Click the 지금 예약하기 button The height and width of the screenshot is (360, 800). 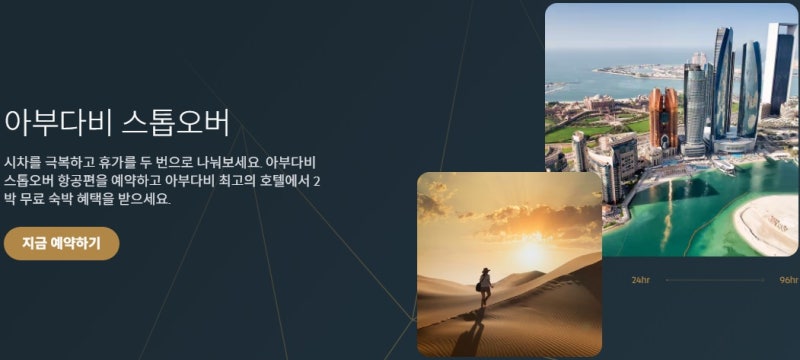point(61,243)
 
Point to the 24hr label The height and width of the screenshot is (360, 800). point(641,280)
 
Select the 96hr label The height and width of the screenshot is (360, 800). point(788,280)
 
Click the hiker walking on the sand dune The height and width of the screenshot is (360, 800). point(485,287)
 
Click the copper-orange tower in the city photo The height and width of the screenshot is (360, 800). point(663,119)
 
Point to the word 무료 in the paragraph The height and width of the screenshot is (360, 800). point(43,199)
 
